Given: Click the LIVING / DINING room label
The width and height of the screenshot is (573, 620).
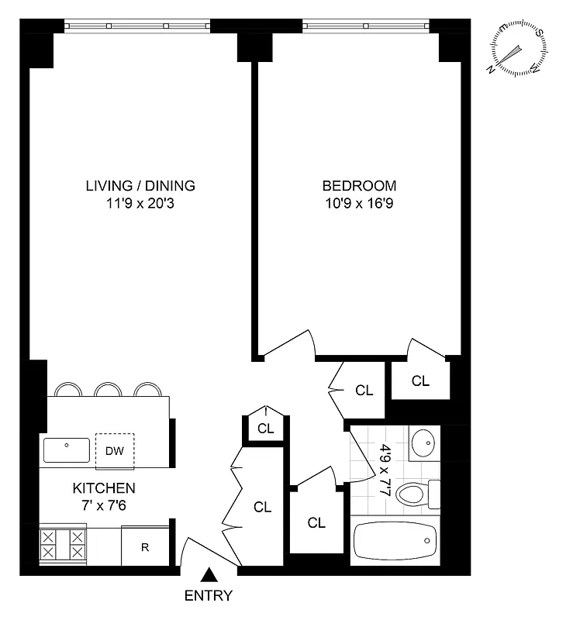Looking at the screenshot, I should click(140, 186).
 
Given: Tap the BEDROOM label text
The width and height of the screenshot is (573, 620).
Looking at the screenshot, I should click(359, 186).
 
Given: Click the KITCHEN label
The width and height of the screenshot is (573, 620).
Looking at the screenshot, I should click(104, 488).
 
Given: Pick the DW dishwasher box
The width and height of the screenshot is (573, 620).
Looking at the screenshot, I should click(115, 450).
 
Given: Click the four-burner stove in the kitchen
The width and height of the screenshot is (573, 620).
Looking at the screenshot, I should click(64, 545).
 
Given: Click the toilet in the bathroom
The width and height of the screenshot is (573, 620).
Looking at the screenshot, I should click(416, 493).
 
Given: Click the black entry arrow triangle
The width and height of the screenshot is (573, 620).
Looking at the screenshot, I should click(209, 575).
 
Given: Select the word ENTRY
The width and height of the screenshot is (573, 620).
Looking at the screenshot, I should click(209, 596).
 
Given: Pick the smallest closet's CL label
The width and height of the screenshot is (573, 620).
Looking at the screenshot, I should click(266, 428).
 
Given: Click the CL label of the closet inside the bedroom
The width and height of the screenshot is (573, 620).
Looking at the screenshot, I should click(420, 381).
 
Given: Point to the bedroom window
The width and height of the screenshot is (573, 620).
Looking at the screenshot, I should click(365, 26).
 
